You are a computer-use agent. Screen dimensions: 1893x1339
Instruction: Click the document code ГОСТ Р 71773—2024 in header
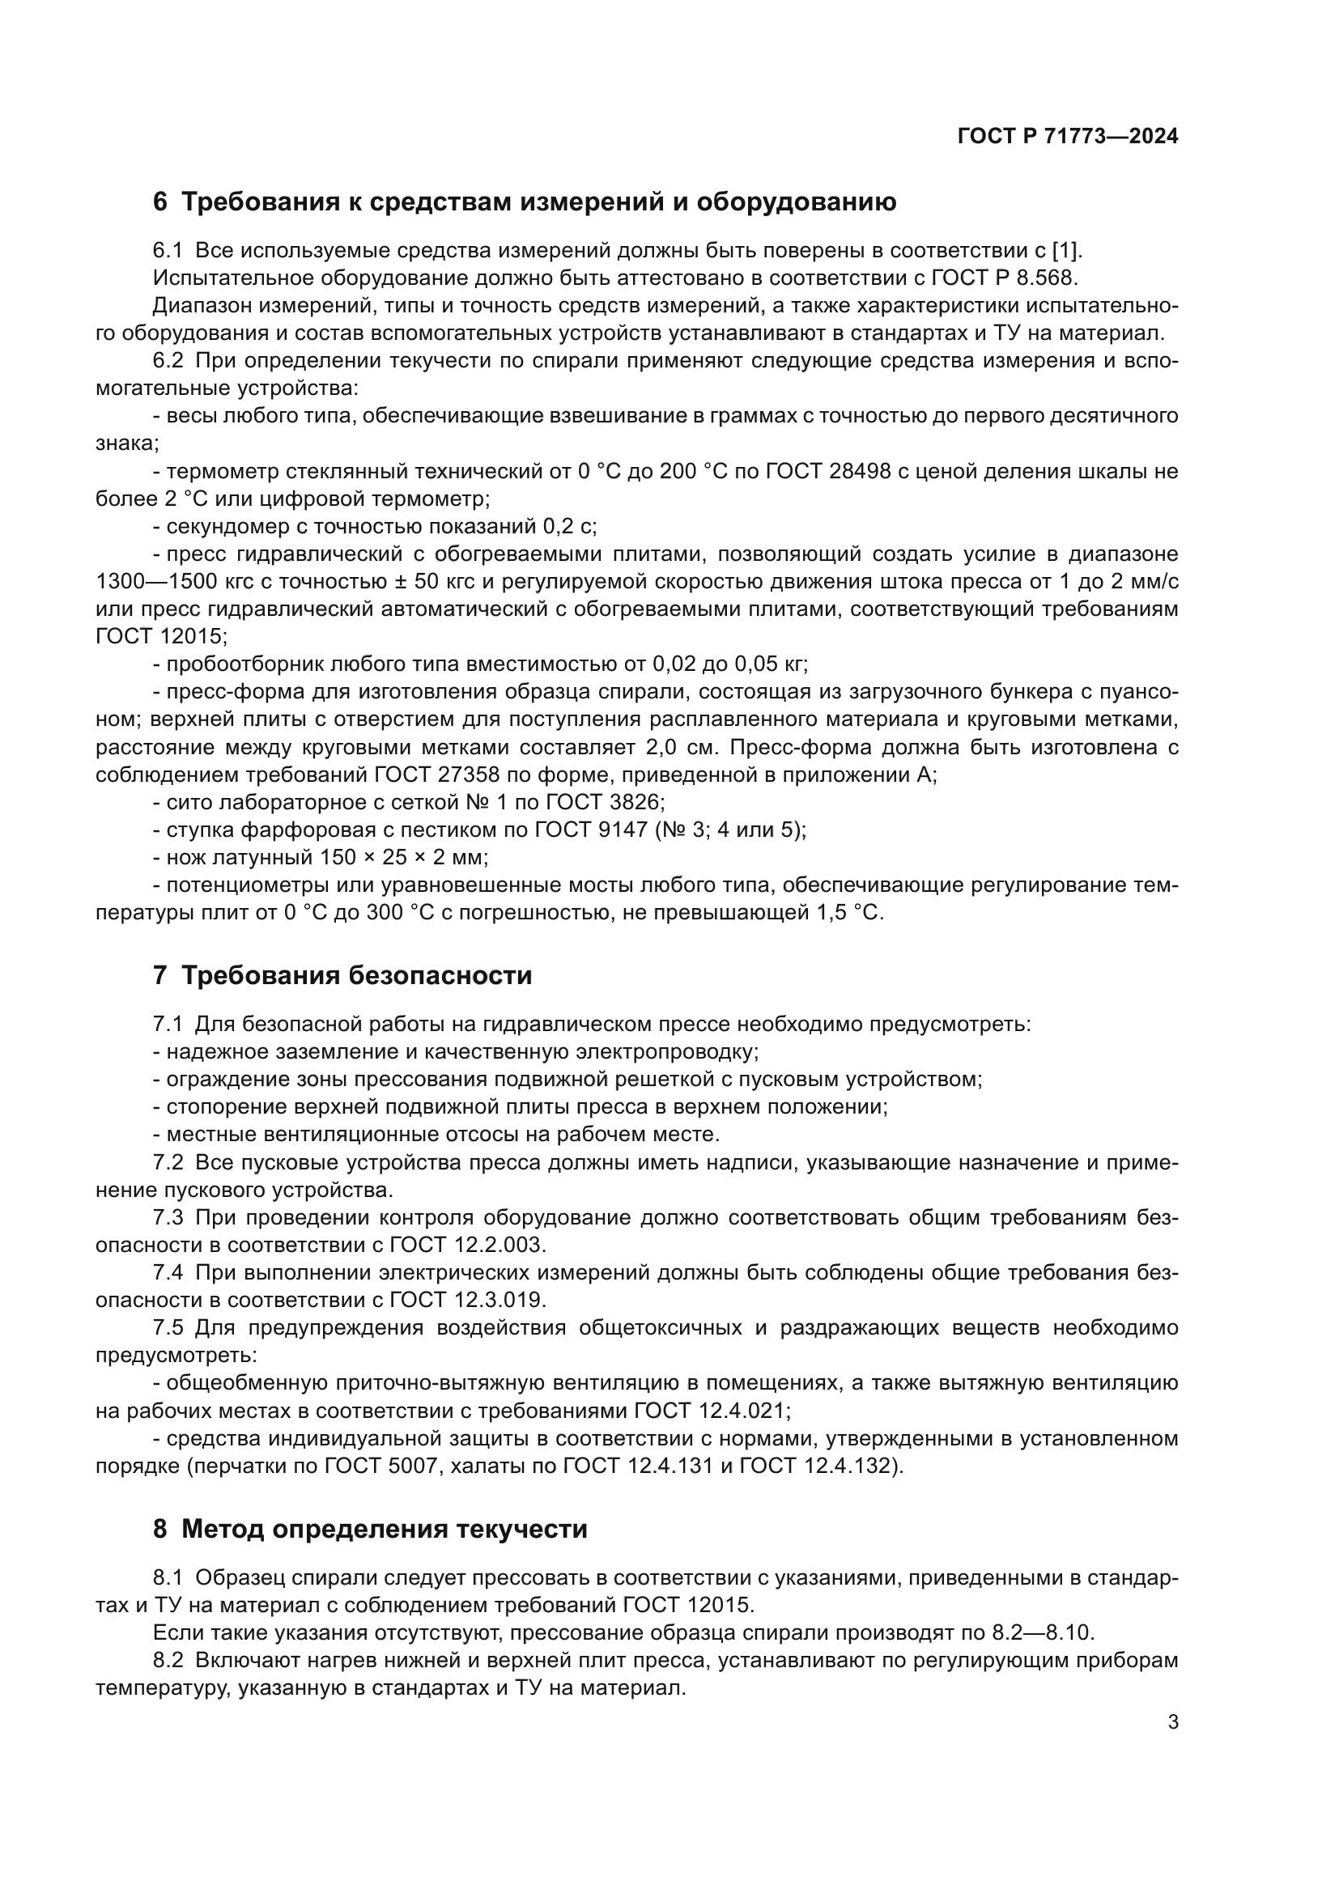(1068, 137)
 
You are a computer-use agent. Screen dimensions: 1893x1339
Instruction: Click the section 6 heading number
(160, 202)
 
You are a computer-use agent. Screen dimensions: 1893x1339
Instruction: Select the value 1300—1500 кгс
(175, 581)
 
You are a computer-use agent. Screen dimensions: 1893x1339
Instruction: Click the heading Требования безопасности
(356, 976)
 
